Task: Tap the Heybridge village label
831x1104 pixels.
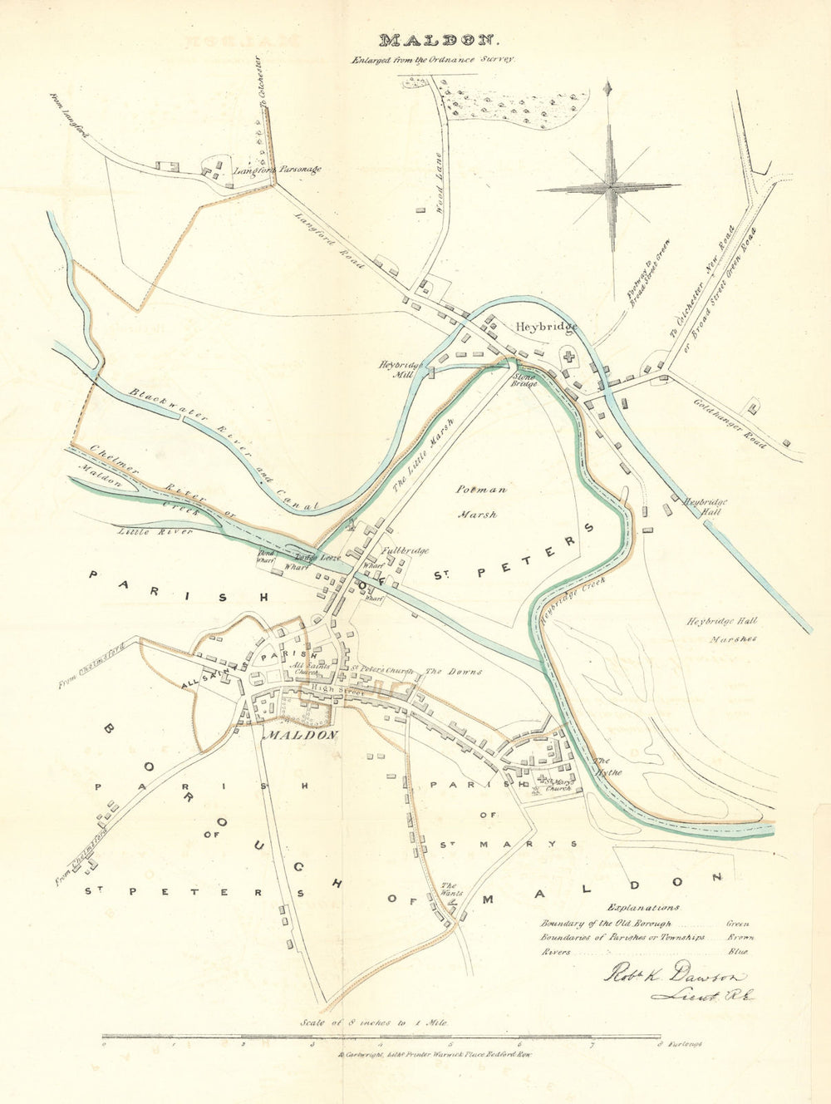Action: click(545, 327)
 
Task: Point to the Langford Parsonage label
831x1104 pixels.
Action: click(277, 170)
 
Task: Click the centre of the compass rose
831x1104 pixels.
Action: click(609, 189)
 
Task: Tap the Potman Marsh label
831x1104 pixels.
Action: click(477, 502)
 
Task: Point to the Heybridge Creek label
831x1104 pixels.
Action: click(573, 600)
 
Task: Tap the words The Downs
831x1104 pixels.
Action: click(454, 671)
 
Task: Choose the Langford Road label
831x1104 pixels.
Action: click(331, 239)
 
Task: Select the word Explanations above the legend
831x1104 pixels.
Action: click(643, 907)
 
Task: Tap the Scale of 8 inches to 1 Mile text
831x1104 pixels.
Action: click(377, 1023)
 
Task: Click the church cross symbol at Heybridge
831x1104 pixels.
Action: click(568, 357)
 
